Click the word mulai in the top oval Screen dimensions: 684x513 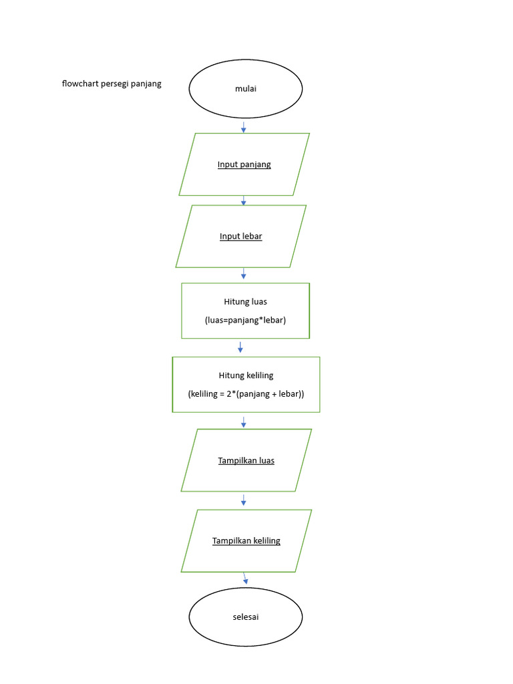click(x=245, y=89)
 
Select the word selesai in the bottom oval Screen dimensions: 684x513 click(x=245, y=617)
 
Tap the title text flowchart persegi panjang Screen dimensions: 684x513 click(x=112, y=84)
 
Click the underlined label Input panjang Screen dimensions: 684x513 click(x=244, y=164)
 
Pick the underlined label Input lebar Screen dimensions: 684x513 click(x=240, y=236)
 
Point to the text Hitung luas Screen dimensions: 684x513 click(x=245, y=302)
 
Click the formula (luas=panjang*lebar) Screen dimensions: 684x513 click(x=245, y=320)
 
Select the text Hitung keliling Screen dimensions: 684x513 click(x=246, y=375)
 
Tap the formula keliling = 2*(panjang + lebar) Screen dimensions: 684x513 click(x=246, y=394)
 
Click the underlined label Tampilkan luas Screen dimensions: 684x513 click(x=246, y=460)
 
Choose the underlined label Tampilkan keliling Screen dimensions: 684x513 click(x=246, y=540)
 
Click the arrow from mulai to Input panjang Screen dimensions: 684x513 click(x=243, y=127)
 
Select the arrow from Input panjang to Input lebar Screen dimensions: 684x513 click(x=243, y=200)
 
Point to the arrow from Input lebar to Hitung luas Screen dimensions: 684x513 click(x=243, y=274)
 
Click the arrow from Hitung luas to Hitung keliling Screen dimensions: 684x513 click(x=240, y=347)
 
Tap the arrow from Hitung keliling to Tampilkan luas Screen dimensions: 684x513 click(x=243, y=422)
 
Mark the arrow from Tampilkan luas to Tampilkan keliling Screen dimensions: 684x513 click(x=243, y=500)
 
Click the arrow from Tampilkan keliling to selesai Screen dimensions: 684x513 click(x=245, y=578)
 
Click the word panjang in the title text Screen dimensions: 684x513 click(x=146, y=84)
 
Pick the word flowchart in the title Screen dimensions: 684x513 click(x=80, y=84)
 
